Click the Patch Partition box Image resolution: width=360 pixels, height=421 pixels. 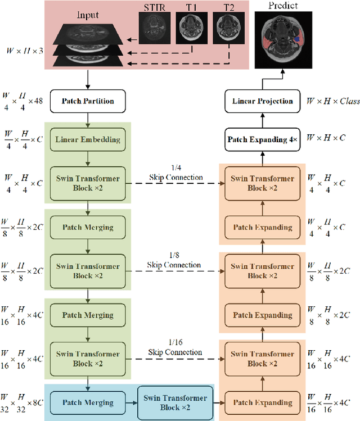pos(88,101)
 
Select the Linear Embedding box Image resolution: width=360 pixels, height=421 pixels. pos(88,139)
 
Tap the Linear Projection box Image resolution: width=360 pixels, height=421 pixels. pos(263,101)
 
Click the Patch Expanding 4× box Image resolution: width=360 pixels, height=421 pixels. pos(263,139)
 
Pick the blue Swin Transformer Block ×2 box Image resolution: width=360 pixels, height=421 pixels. pos(175,402)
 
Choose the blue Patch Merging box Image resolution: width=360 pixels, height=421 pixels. pos(88,402)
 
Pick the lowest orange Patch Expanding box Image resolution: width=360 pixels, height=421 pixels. pos(263,402)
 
